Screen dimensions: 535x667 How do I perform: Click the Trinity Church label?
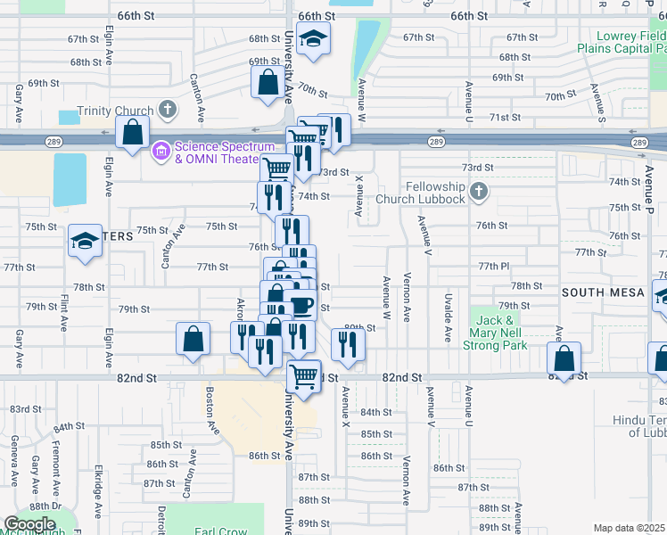(116, 111)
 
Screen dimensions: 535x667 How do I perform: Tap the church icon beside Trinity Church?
(166, 109)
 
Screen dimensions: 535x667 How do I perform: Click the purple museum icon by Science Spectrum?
(161, 152)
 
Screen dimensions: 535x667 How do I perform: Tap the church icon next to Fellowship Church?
(479, 191)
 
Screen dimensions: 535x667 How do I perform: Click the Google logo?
(29, 524)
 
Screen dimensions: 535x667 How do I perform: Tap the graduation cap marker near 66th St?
(313, 38)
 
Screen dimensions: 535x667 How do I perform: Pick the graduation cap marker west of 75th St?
(86, 241)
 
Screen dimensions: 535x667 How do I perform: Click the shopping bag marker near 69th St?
(268, 83)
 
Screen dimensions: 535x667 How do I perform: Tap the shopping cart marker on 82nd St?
(304, 377)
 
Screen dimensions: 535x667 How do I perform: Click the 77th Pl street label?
(492, 267)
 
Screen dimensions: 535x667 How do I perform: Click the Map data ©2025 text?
(630, 528)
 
